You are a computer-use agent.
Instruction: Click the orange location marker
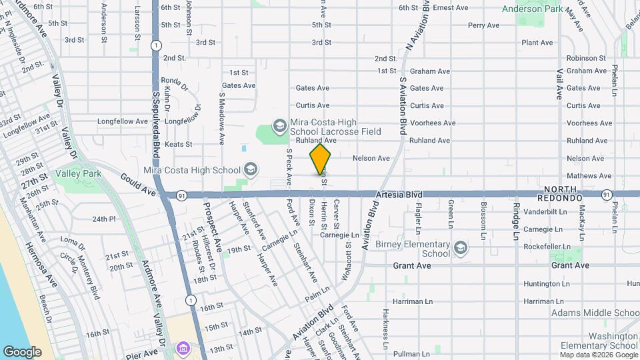(x=321, y=159)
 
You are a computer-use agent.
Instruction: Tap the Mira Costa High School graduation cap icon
(x=250, y=169)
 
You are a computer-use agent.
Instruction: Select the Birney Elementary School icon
(x=460, y=249)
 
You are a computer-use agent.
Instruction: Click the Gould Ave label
(x=137, y=184)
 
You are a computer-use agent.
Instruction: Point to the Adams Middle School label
(x=595, y=313)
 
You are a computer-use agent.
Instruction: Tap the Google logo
(x=22, y=351)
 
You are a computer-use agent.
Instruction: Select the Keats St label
(x=178, y=143)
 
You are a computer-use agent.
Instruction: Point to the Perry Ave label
(x=483, y=25)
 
